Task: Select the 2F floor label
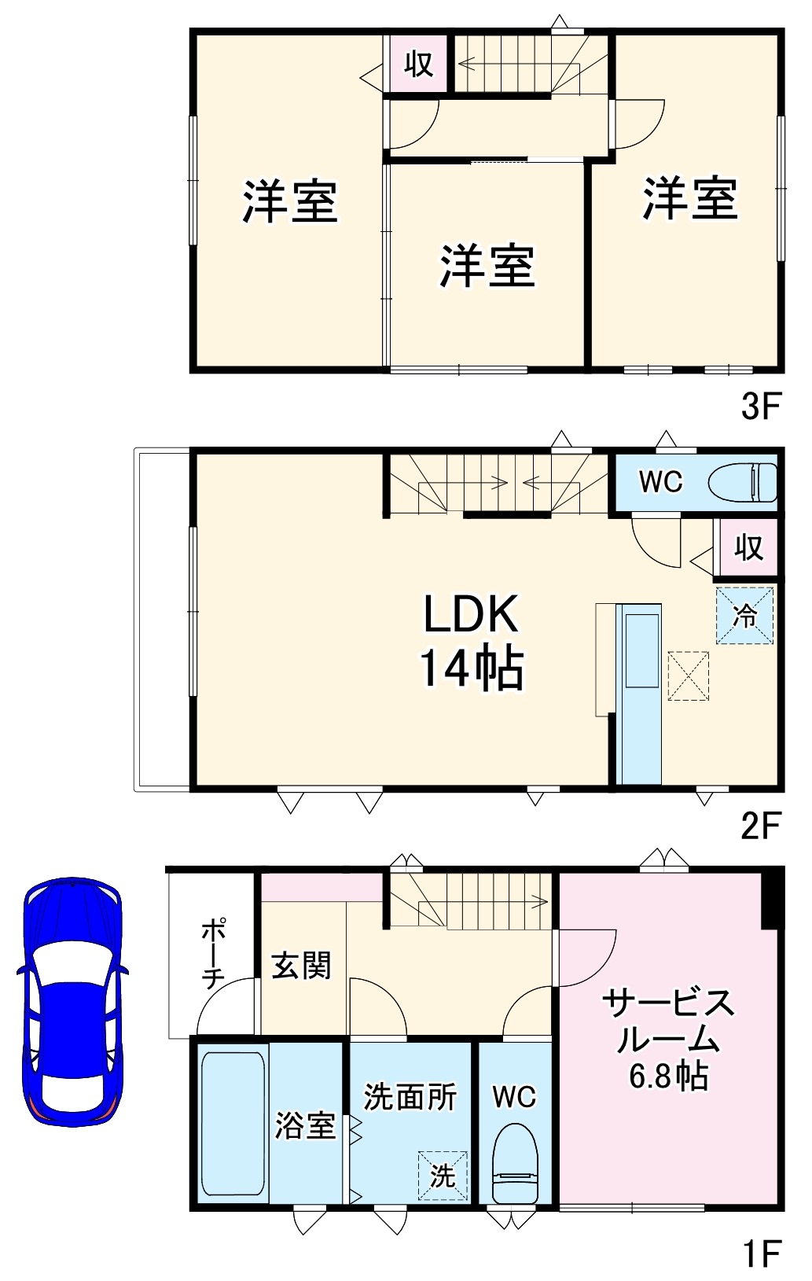(760, 826)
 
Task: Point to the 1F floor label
(760, 1253)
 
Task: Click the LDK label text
(471, 614)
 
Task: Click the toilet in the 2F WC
(742, 482)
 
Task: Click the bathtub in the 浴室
(233, 1124)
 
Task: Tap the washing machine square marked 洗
(443, 1176)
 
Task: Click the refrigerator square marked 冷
(744, 616)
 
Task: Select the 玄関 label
(301, 966)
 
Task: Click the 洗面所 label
(410, 1096)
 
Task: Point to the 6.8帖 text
(668, 1075)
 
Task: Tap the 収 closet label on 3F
(418, 64)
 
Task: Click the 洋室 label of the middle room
(487, 266)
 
